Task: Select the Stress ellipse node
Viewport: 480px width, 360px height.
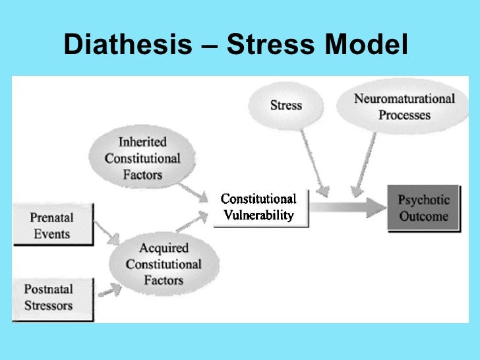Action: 285,105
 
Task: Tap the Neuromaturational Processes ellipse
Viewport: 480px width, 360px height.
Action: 404,107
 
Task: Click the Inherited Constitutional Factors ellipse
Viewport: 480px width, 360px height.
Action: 142,158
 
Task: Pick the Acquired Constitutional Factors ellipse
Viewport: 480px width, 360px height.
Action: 163,264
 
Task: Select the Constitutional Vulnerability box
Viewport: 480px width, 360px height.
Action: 258,207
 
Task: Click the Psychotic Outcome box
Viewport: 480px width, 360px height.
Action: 423,208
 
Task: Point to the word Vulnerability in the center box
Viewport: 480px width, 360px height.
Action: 258,215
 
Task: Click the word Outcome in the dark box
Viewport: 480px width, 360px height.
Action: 423,216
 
